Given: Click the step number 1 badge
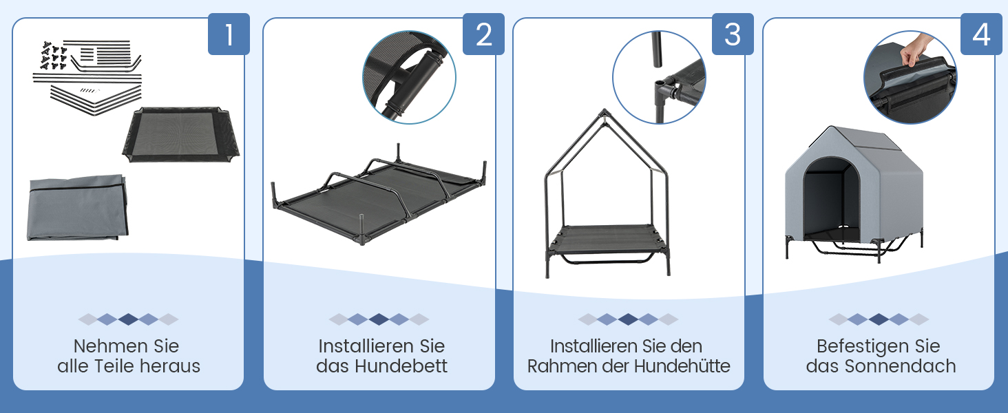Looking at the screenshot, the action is click(x=229, y=34).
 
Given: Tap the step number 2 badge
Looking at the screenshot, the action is click(x=483, y=34).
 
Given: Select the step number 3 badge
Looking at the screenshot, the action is click(x=733, y=34).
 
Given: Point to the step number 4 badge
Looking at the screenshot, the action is click(x=981, y=34).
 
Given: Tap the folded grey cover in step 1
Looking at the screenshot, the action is click(x=77, y=207).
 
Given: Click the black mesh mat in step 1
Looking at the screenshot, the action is click(x=181, y=134).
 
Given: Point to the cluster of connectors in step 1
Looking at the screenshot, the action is click(x=54, y=56).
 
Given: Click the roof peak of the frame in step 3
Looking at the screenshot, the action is click(x=605, y=110).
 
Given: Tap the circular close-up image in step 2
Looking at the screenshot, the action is click(x=409, y=77).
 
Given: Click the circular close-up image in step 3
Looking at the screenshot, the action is click(x=659, y=77).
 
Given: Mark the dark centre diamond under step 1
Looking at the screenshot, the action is click(x=128, y=319).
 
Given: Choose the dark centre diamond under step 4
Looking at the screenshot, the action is click(x=879, y=319).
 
